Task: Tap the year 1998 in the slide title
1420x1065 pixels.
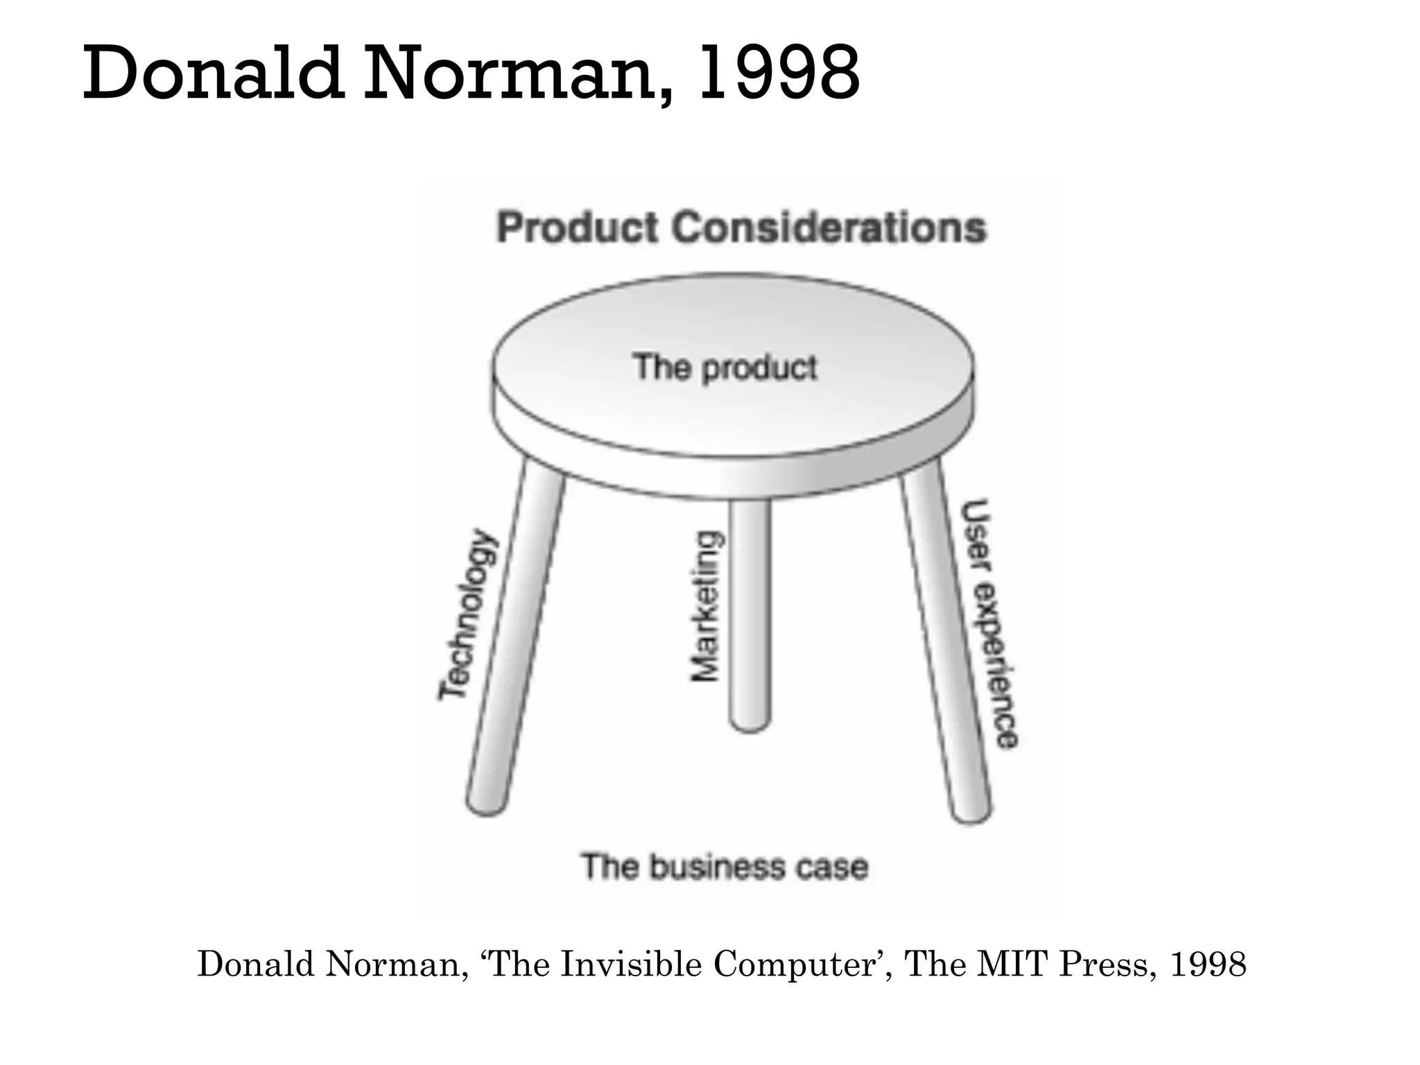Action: [779, 73]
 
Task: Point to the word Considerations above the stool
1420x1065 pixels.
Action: [829, 228]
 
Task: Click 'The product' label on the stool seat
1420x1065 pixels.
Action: [725, 367]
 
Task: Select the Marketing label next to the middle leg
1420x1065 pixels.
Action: [706, 607]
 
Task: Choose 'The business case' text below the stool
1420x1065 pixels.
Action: [725, 867]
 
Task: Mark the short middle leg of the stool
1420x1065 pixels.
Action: [750, 610]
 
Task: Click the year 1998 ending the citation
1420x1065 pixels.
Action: [1208, 964]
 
